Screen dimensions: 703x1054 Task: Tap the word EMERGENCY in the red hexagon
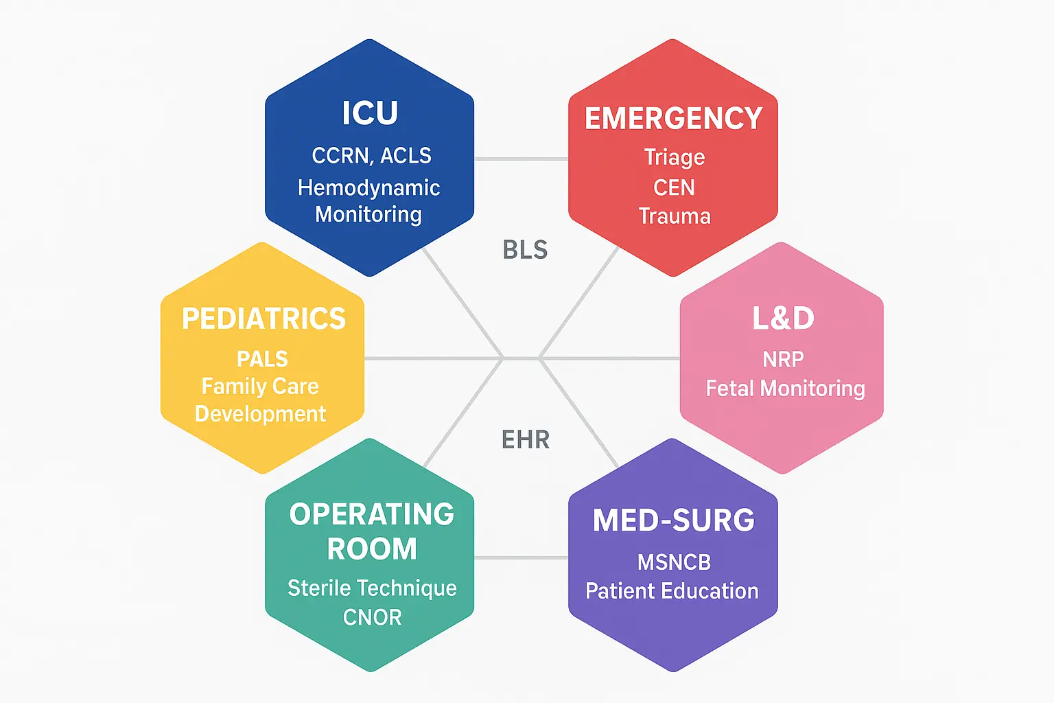673,119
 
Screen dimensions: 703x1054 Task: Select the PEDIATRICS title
263,319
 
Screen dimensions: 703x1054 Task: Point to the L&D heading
783,319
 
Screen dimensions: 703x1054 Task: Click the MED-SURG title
673,520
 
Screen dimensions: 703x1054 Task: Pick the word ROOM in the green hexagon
372,549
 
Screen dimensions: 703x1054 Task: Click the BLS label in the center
525,250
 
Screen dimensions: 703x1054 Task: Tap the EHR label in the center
526,440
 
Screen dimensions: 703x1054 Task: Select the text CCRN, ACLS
371,156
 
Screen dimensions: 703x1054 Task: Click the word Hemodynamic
368,188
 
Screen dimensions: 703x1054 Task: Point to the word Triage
674,157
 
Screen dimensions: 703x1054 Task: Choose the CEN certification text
674,187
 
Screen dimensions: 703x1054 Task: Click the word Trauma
674,216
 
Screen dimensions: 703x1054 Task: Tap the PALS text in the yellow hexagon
262,359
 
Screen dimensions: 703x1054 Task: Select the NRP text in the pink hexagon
783,359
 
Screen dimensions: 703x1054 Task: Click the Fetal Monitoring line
785,389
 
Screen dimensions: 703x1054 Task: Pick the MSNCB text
674,562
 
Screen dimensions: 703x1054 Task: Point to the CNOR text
372,617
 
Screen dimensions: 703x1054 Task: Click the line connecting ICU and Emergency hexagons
522,159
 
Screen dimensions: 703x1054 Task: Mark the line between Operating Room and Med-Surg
522,557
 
